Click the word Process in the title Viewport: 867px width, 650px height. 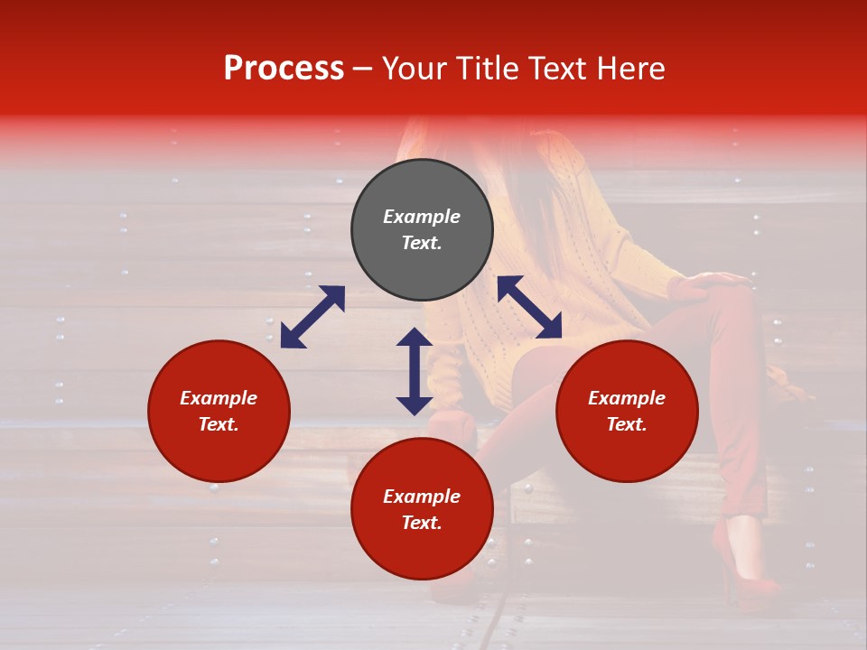pos(284,69)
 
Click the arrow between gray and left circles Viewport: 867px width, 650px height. pos(312,317)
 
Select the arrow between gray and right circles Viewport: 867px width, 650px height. pos(529,307)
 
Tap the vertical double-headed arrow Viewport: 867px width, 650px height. pos(415,371)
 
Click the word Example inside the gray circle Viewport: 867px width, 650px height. pos(422,217)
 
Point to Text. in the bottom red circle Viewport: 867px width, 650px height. pos(422,523)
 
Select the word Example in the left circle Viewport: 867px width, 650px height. pos(219,398)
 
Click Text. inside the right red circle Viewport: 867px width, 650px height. pos(627,424)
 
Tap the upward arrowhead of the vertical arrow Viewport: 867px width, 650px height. pos(415,337)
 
